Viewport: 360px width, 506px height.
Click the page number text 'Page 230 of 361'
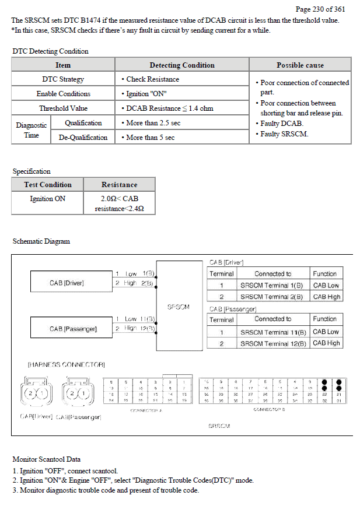coord(320,9)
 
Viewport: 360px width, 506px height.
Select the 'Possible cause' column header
coord(300,65)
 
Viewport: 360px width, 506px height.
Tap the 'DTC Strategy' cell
coord(63,79)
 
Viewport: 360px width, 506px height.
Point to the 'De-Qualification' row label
coord(83,138)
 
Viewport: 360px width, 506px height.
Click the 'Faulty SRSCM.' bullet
coord(284,134)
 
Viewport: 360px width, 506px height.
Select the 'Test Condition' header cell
coord(48,185)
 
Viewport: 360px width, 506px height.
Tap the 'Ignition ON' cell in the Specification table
coord(48,199)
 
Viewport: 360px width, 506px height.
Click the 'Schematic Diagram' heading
coord(41,241)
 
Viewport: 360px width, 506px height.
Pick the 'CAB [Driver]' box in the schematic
coord(67,283)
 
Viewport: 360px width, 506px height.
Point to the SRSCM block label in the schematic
coord(178,307)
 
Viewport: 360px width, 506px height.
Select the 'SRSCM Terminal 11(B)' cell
coord(273,332)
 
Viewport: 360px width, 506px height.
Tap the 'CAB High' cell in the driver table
coord(326,297)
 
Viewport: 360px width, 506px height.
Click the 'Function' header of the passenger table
coord(325,319)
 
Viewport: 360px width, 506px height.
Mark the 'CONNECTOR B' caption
coord(269,410)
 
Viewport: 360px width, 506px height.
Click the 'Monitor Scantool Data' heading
coord(47,459)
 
